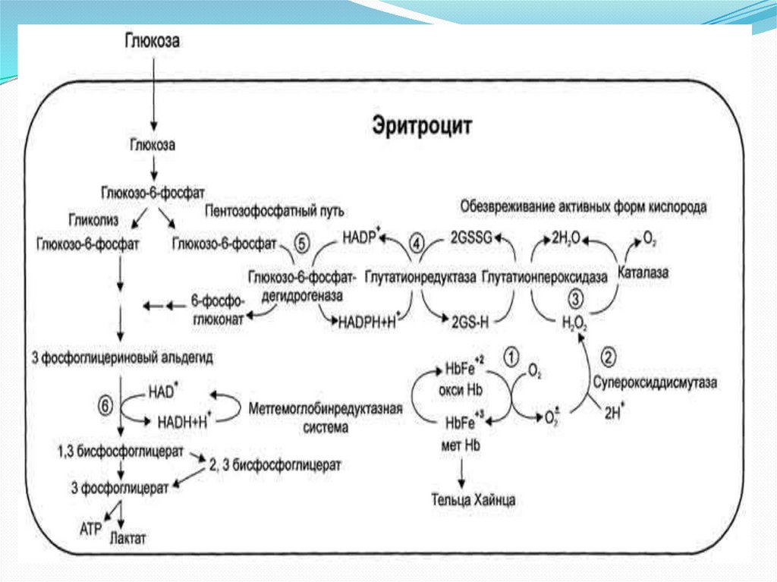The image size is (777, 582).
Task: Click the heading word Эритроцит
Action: coord(422,125)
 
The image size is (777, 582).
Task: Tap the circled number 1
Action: coord(513,355)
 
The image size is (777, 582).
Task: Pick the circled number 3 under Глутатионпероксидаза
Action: coord(577,297)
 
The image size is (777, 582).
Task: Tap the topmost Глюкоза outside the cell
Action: coord(152,40)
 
